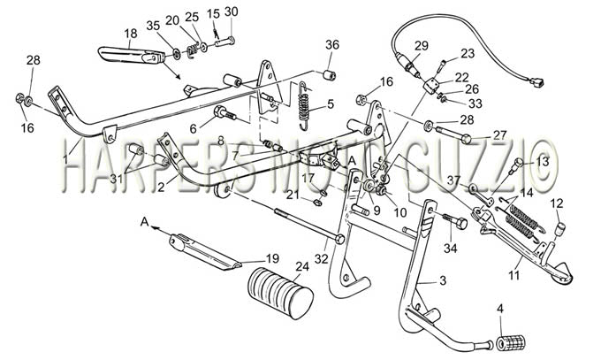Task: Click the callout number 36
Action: click(x=332, y=45)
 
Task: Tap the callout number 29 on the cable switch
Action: click(x=421, y=45)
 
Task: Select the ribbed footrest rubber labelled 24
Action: click(x=280, y=294)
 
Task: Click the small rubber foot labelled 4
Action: click(x=512, y=342)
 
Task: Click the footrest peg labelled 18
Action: click(x=132, y=55)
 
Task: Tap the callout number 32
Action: click(x=321, y=259)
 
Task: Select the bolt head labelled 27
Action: click(x=466, y=138)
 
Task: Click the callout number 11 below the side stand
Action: click(x=514, y=275)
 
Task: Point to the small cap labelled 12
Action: click(x=559, y=229)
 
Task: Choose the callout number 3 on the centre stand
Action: click(x=443, y=281)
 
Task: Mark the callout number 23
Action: click(x=468, y=53)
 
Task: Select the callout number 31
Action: click(x=116, y=179)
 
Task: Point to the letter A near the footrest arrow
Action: click(x=144, y=222)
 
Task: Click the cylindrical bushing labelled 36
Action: click(x=331, y=74)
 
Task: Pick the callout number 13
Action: click(x=543, y=162)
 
